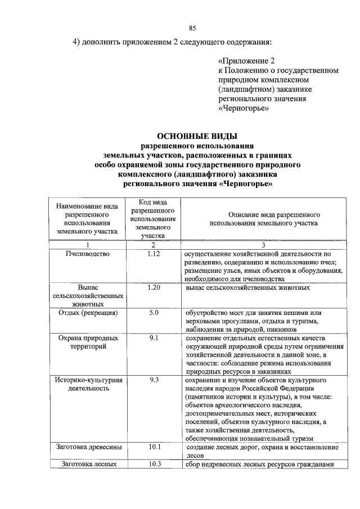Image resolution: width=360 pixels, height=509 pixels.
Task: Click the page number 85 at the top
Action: click(x=192, y=28)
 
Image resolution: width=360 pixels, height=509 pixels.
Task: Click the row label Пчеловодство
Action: click(x=87, y=254)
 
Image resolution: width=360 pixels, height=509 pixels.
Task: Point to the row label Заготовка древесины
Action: click(x=87, y=447)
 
